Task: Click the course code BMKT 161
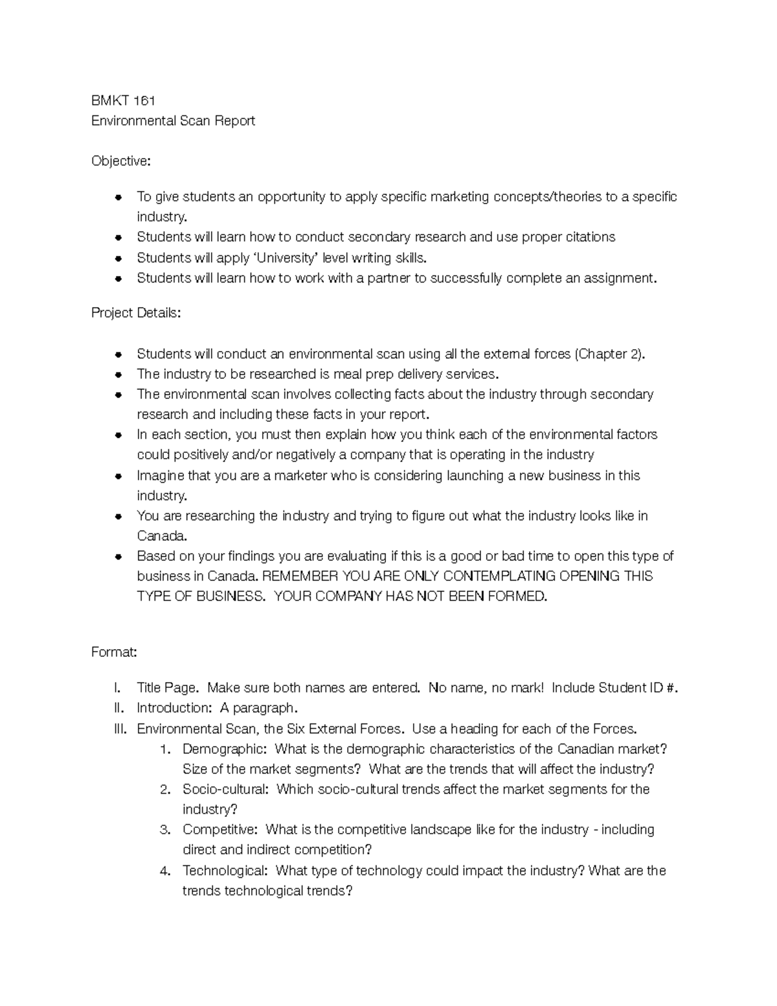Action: tap(123, 100)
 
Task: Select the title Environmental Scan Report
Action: tap(173, 120)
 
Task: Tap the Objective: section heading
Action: tap(120, 161)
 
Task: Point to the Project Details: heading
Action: tap(136, 313)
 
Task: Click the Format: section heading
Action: tap(114, 652)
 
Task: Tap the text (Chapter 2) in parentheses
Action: tap(609, 354)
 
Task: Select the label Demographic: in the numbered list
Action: tap(224, 749)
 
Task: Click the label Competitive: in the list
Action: tap(220, 829)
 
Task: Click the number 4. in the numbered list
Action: tap(165, 871)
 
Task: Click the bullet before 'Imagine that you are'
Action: tap(118, 476)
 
